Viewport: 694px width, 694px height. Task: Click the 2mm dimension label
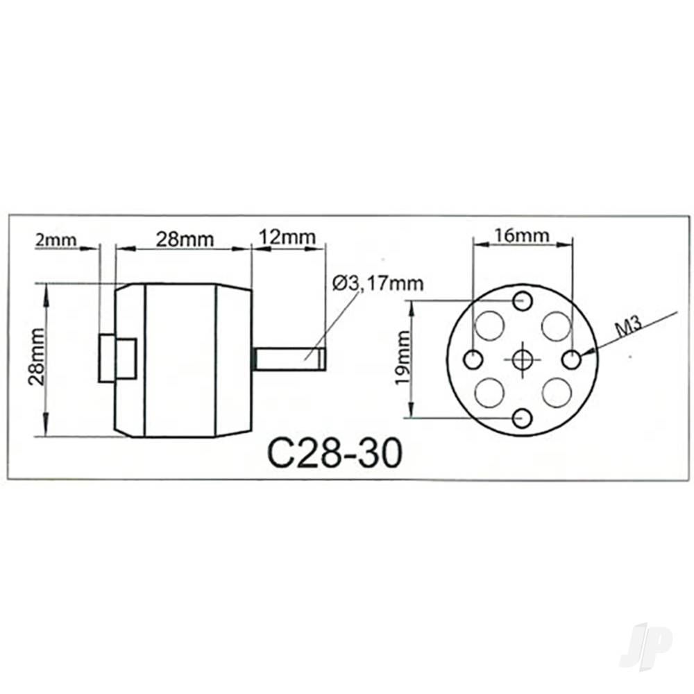pos(56,240)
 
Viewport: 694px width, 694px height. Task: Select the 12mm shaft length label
pos(287,237)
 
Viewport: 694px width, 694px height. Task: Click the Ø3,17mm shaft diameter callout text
pos(378,283)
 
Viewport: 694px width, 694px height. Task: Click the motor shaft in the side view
pos(290,359)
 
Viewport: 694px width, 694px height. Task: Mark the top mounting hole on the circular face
pos(523,301)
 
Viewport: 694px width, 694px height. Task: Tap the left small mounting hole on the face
pos(473,360)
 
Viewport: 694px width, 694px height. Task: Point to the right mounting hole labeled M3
pos(572,360)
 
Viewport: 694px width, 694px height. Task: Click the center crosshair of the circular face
pos(523,359)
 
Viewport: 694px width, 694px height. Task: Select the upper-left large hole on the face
pos(489,325)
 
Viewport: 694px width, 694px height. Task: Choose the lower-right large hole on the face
pos(557,393)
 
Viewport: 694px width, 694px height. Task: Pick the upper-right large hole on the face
pos(556,325)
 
